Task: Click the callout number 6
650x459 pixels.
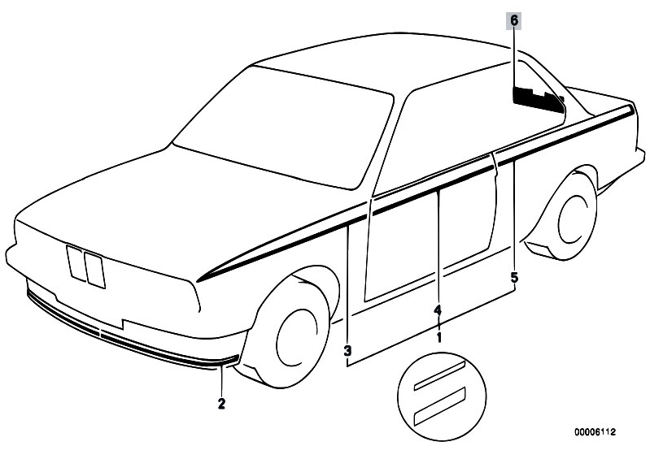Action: [x=514, y=20]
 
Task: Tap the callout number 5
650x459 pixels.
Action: [x=514, y=277]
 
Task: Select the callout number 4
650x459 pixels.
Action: [x=438, y=310]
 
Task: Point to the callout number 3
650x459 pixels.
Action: [x=347, y=352]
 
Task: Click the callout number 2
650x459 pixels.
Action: [x=221, y=404]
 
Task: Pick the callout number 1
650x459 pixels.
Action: [x=438, y=337]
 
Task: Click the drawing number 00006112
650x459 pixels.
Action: [x=595, y=432]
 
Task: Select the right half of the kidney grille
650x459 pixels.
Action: [x=95, y=271]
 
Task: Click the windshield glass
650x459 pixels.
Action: [x=283, y=126]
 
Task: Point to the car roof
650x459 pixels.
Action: [x=382, y=62]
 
